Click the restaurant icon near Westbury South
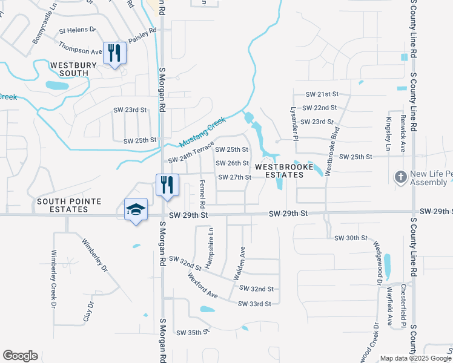(114, 53)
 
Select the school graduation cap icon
(136, 210)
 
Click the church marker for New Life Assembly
(400, 177)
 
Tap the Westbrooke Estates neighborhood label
(279, 171)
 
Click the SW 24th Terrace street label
(191, 152)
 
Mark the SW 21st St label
(321, 94)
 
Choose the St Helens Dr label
(78, 29)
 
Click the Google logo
(20, 356)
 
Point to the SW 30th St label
(351, 238)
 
